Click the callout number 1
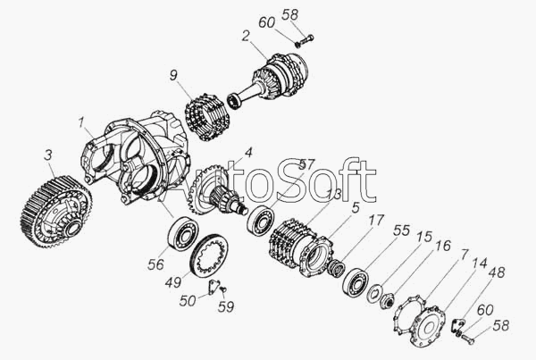(x=80, y=122)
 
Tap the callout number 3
(x=48, y=155)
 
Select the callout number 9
(x=173, y=76)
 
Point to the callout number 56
(x=155, y=264)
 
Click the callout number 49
(x=173, y=282)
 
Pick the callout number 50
(x=188, y=301)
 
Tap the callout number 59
(x=226, y=306)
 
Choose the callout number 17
(x=376, y=220)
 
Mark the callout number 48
(x=497, y=272)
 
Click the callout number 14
(x=480, y=263)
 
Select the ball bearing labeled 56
(x=183, y=233)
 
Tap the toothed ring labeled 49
(x=209, y=255)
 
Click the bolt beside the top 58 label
(x=305, y=40)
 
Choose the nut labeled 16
(x=388, y=301)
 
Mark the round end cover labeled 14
(x=428, y=325)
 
